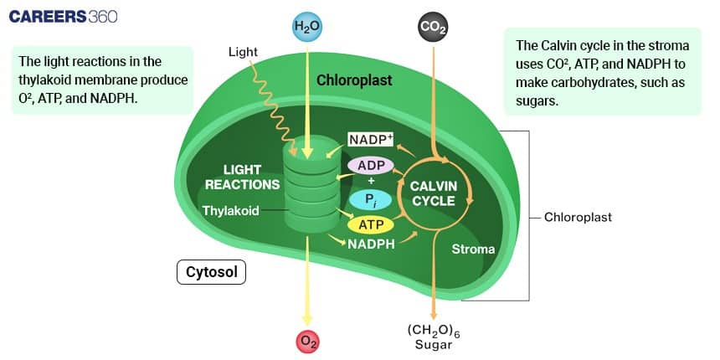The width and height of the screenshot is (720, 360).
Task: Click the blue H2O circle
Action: pyautogui.click(x=307, y=28)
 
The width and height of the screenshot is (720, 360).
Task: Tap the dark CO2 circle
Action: pyautogui.click(x=432, y=28)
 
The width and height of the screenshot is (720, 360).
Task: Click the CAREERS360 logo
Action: pyautogui.click(x=63, y=17)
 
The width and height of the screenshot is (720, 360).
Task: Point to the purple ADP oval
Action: pyautogui.click(x=371, y=165)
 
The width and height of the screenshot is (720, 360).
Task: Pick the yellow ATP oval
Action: pyautogui.click(x=370, y=225)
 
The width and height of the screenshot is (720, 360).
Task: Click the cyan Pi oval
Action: pyautogui.click(x=370, y=199)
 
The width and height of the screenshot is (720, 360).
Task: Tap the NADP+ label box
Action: pyautogui.click(x=371, y=139)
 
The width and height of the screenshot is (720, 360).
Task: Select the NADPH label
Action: pyautogui.click(x=371, y=244)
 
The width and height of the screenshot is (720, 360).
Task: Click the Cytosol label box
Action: pyautogui.click(x=211, y=273)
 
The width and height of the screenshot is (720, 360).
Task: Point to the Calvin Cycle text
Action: pyautogui.click(x=433, y=193)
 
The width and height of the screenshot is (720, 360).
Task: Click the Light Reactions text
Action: pyautogui.click(x=242, y=177)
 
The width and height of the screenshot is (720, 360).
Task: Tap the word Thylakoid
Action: pyautogui.click(x=230, y=210)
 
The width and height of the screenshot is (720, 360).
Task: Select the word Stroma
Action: pyautogui.click(x=473, y=249)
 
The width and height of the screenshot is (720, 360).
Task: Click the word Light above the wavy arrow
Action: pyautogui.click(x=242, y=53)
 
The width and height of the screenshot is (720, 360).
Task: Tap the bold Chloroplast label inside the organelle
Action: pyautogui.click(x=354, y=80)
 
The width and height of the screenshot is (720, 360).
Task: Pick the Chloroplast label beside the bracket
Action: pyautogui.click(x=578, y=217)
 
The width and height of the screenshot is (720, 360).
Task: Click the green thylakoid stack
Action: pyautogui.click(x=308, y=193)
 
